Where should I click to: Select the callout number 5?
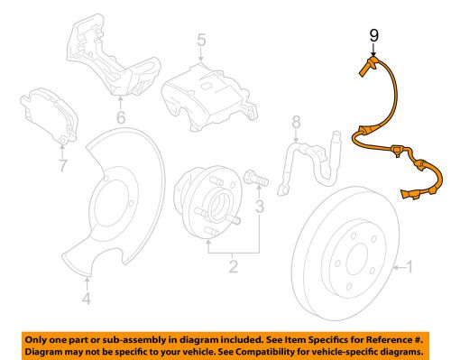click(x=201, y=40)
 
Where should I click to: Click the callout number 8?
click(x=294, y=121)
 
